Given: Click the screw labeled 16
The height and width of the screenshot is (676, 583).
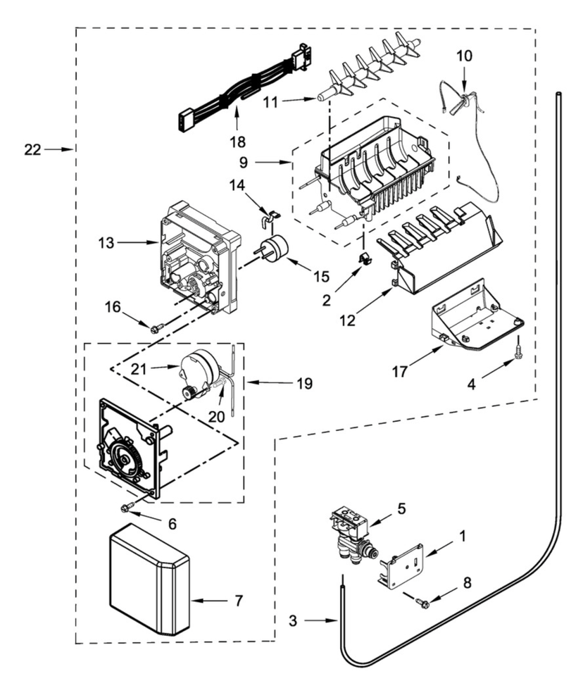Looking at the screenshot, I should pyautogui.click(x=156, y=327).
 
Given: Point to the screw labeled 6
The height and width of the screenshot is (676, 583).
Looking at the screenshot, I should pyautogui.click(x=128, y=508).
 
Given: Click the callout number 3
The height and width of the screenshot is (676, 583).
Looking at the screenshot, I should pyautogui.click(x=298, y=621).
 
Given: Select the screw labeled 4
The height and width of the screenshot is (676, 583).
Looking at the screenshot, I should pyautogui.click(x=518, y=347).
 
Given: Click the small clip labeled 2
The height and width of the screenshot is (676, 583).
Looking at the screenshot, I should pyautogui.click(x=366, y=258).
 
